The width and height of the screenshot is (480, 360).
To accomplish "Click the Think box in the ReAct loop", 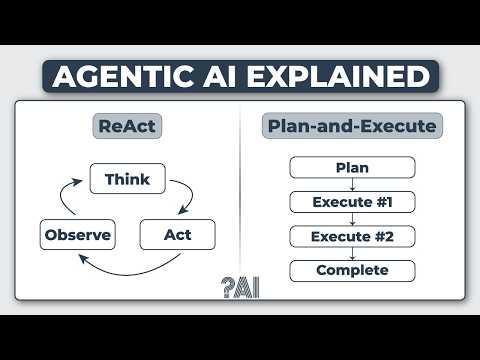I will pyautogui.click(x=127, y=180).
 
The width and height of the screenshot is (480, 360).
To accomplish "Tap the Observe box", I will pyautogui.click(x=77, y=236).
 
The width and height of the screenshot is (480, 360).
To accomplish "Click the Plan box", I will pyautogui.click(x=352, y=167).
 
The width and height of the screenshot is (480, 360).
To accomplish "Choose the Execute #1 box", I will pyautogui.click(x=352, y=201).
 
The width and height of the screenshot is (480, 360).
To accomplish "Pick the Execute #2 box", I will pyautogui.click(x=352, y=236).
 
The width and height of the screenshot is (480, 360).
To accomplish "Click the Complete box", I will pyautogui.click(x=352, y=270).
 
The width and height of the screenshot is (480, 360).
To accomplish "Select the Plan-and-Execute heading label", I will pyautogui.click(x=352, y=127).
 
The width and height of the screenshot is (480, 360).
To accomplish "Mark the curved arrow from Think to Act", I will pyautogui.click(x=183, y=196).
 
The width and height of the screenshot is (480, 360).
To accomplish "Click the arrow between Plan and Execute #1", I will pyautogui.click(x=352, y=184).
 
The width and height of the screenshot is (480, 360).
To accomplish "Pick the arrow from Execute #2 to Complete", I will pyautogui.click(x=352, y=253).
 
